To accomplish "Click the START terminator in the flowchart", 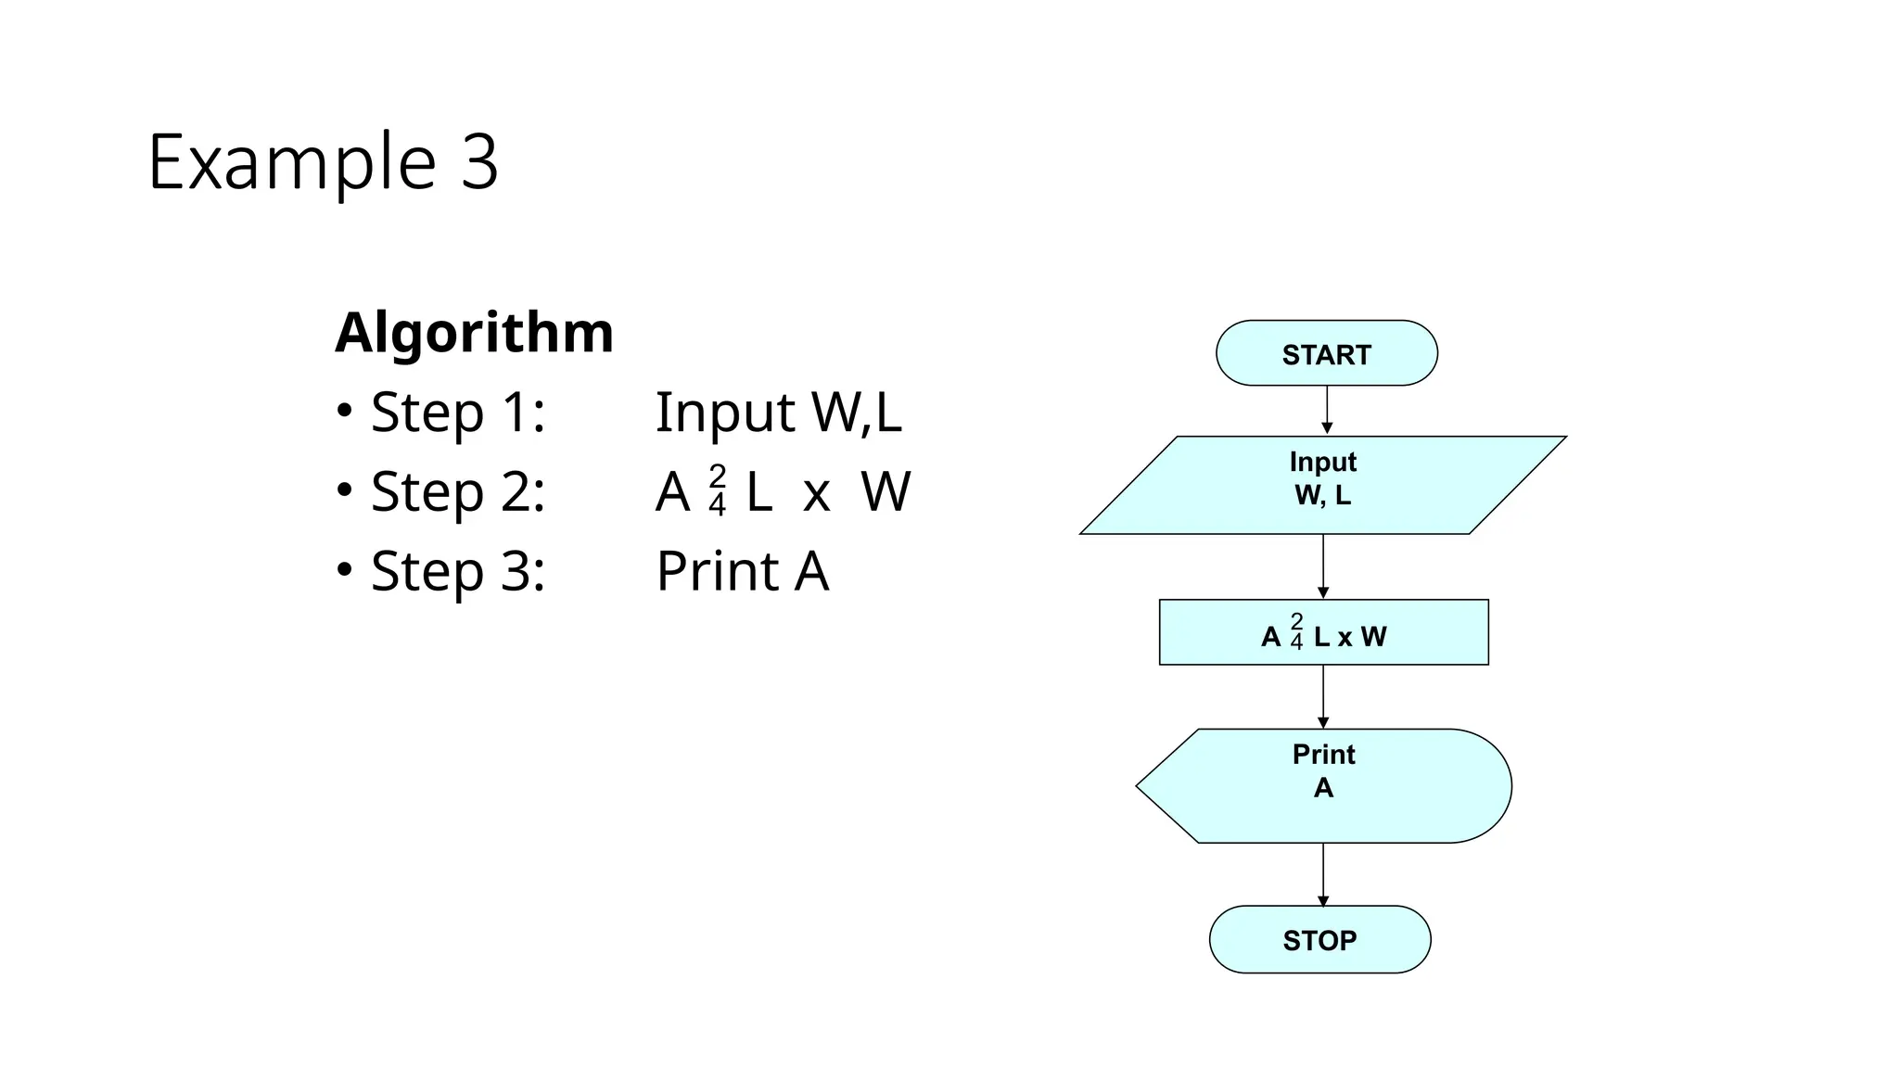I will click(1326, 353).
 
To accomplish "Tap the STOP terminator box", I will click(1319, 939).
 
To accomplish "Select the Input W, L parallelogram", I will click(1322, 485).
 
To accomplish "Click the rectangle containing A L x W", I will click(1323, 632).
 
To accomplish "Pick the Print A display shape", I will click(1323, 785).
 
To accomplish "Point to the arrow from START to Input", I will click(1327, 409).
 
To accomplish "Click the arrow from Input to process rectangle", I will click(1323, 566).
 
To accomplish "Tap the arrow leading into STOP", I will click(1323, 873).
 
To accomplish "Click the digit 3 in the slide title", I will click(478, 162).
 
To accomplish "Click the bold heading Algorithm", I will click(474, 332).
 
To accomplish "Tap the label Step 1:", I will click(457, 412).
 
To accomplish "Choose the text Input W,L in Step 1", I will click(778, 412).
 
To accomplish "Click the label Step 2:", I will click(457, 491).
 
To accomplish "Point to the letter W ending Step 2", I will click(886, 491).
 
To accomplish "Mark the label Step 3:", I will click(457, 571).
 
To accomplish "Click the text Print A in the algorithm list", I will click(742, 571).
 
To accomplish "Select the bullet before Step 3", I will click(344, 569).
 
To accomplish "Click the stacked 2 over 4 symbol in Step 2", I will click(717, 490).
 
